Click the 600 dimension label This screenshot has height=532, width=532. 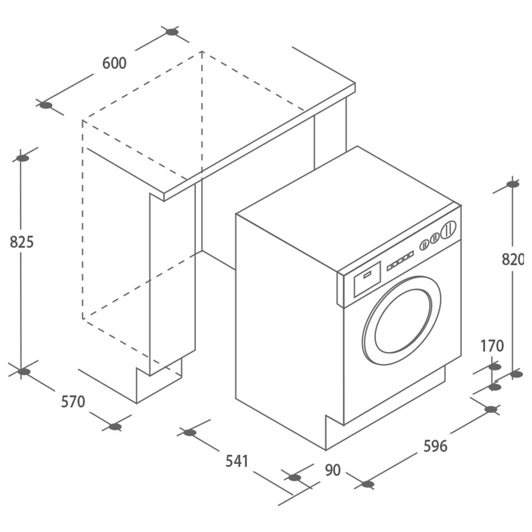[x=114, y=63]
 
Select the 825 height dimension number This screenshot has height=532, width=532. [x=22, y=242]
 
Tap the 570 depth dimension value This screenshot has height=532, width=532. [x=73, y=402]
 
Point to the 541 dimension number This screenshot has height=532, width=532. [x=237, y=461]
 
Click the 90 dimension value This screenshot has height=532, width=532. [x=332, y=470]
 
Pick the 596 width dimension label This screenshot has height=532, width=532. [x=435, y=446]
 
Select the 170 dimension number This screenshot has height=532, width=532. [x=492, y=346]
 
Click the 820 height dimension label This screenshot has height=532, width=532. [x=513, y=260]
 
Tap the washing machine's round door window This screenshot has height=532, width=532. [x=403, y=321]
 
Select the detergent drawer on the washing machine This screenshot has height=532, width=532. [x=368, y=279]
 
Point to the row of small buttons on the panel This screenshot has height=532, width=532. [x=401, y=261]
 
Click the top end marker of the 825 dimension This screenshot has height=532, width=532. [x=23, y=158]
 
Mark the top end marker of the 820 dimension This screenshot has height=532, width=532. [x=513, y=184]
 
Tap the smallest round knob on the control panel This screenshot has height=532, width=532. [x=425, y=245]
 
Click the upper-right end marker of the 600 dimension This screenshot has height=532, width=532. [x=172, y=32]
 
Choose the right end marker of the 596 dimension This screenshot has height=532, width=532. [x=491, y=410]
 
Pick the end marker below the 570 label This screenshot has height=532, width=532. [x=115, y=427]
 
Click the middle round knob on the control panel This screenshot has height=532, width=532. [x=435, y=238]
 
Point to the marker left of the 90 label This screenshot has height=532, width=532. [x=295, y=478]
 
